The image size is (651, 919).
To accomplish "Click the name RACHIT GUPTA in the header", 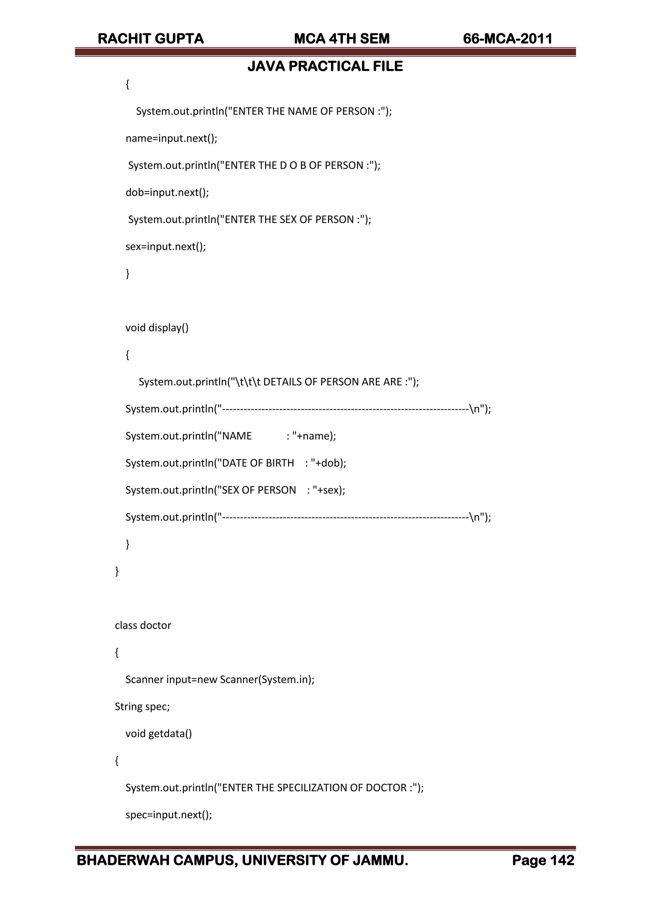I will [x=151, y=39].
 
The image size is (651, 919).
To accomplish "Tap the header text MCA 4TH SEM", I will [x=341, y=39].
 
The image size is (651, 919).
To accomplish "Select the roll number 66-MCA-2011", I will [x=508, y=39].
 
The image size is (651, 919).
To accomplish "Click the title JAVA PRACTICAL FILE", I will [x=325, y=66].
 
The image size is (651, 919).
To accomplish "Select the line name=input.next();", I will [x=171, y=138].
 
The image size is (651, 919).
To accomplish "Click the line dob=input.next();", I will [x=167, y=192].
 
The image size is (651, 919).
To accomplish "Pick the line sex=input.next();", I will [x=166, y=246].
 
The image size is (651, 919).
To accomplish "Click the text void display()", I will [x=157, y=328].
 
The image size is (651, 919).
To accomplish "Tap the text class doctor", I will [x=143, y=625].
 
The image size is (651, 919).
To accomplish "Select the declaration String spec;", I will [x=142, y=707].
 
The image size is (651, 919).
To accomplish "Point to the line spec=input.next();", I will [x=168, y=815].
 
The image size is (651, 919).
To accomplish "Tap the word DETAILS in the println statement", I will [x=282, y=382].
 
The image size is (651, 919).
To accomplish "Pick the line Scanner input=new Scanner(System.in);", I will [x=220, y=679].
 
